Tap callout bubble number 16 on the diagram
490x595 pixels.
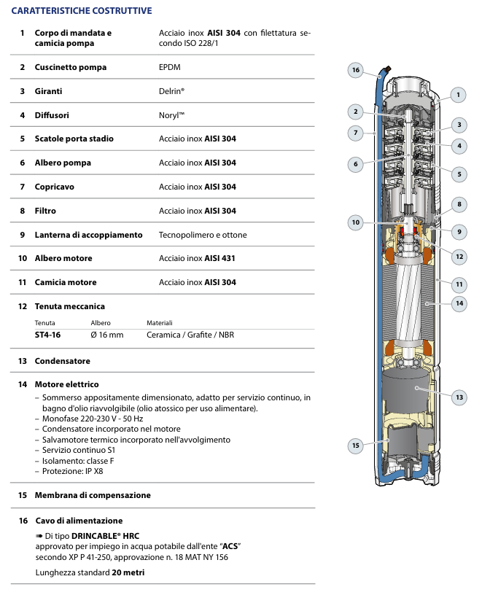pos(355,70)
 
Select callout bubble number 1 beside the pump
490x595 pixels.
pos(458,94)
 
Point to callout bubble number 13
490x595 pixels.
pos(459,397)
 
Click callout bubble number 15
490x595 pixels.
pos(355,445)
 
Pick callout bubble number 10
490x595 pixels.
pos(355,222)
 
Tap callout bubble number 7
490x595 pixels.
pos(355,133)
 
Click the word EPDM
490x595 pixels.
pos(169,67)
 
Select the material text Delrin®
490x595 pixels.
pos(171,91)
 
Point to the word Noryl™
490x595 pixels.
pos(171,115)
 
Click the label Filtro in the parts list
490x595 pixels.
pos(45,211)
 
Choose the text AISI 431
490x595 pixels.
pos(220,258)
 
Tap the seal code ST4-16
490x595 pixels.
pos(47,335)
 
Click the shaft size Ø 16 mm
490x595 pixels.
pos(106,335)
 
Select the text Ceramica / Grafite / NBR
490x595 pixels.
pos(190,335)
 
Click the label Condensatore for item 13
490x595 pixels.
pos(63,361)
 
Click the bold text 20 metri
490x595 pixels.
pos(128,572)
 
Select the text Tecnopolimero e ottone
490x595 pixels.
pos(203,235)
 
